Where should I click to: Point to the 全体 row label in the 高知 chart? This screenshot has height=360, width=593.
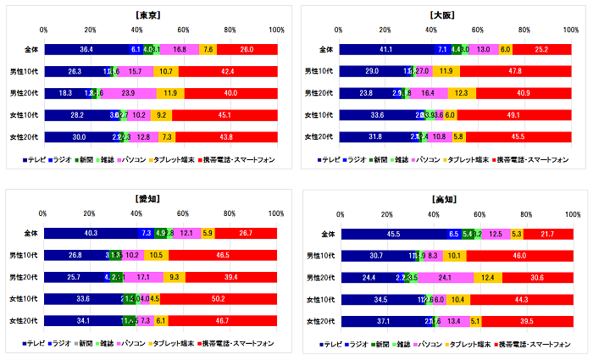tap(324, 233)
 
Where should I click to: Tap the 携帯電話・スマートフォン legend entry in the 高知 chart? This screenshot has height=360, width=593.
tap(534, 343)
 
